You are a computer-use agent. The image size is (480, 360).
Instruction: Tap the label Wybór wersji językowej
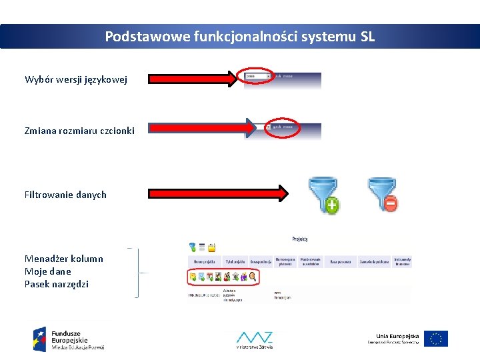click(75, 80)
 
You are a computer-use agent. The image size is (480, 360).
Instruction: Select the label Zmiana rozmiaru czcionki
click(79, 130)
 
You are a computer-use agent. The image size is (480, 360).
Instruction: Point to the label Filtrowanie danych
click(65, 195)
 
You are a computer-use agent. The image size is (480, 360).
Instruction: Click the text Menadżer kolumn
click(64, 259)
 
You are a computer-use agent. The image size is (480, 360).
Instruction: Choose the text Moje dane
click(47, 271)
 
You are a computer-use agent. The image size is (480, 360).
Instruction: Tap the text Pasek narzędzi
click(57, 284)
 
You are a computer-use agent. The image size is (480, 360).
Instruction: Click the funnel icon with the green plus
click(323, 195)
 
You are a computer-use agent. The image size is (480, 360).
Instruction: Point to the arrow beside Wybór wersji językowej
click(193, 79)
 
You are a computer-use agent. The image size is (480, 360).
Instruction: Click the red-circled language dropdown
click(257, 77)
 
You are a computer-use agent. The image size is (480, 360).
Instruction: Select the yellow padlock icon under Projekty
click(212, 247)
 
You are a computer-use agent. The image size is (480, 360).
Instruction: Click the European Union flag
click(436, 339)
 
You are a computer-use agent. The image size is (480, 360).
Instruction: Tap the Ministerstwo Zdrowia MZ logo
click(254, 339)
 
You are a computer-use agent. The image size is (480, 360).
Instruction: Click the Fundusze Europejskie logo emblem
click(40, 339)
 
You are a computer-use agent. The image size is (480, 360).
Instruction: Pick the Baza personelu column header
click(341, 262)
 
